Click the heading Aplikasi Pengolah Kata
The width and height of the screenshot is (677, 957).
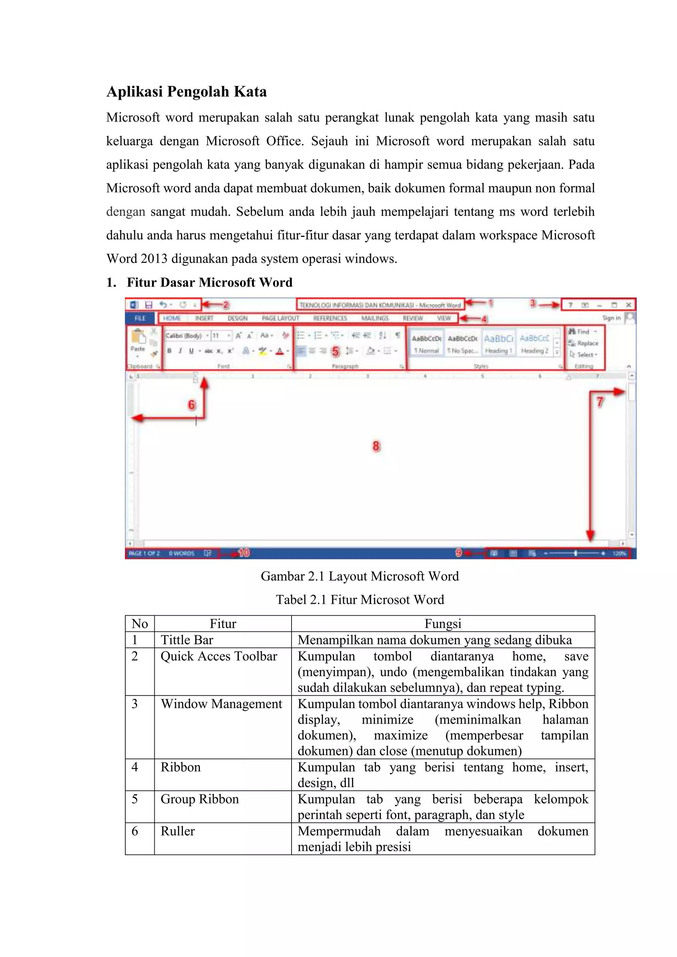(x=186, y=92)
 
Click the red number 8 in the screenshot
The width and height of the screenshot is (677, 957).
(x=376, y=446)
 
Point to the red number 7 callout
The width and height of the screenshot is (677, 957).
(x=599, y=402)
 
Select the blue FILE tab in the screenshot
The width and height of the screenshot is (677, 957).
(x=140, y=318)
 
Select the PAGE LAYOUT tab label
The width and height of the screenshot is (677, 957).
(x=280, y=318)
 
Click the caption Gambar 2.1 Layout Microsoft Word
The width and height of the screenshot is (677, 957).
(x=359, y=576)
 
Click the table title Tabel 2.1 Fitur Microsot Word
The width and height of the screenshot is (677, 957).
(x=359, y=599)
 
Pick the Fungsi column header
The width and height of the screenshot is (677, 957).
(x=443, y=624)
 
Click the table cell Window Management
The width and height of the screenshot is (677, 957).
(x=221, y=704)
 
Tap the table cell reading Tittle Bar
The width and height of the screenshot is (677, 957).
(x=187, y=640)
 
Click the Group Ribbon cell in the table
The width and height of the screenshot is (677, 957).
(x=200, y=799)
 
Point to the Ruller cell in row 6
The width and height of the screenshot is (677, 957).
(x=178, y=831)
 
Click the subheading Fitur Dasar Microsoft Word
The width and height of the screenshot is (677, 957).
(x=209, y=282)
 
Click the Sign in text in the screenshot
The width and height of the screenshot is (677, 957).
(x=611, y=318)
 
